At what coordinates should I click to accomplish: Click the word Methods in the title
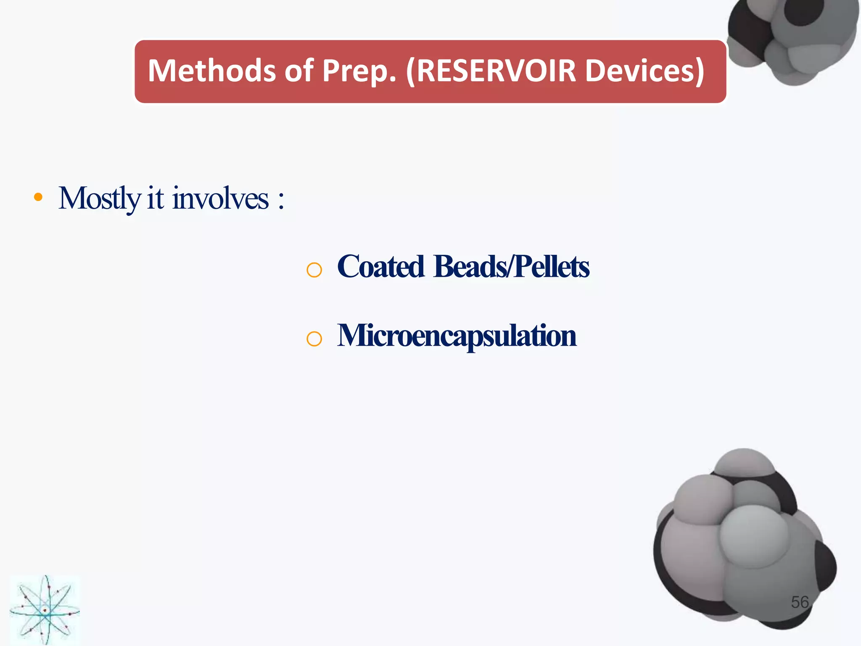(x=211, y=71)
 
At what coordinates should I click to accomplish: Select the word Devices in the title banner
(x=640, y=71)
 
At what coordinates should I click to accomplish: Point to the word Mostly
(x=99, y=199)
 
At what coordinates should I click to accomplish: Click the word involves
(x=220, y=199)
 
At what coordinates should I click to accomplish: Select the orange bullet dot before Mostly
(x=38, y=197)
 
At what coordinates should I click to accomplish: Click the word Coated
(x=380, y=267)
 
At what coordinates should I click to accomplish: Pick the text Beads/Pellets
(x=511, y=267)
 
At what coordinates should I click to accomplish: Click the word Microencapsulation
(x=457, y=336)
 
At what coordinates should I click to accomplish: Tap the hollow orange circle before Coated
(x=314, y=270)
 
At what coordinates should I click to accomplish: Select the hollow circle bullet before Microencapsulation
(x=314, y=339)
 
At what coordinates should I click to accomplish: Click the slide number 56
(x=800, y=602)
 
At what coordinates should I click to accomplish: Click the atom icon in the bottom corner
(x=45, y=610)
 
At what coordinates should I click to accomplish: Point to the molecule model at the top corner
(x=792, y=38)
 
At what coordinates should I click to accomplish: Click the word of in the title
(x=299, y=71)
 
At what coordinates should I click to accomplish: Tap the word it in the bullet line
(x=155, y=199)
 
